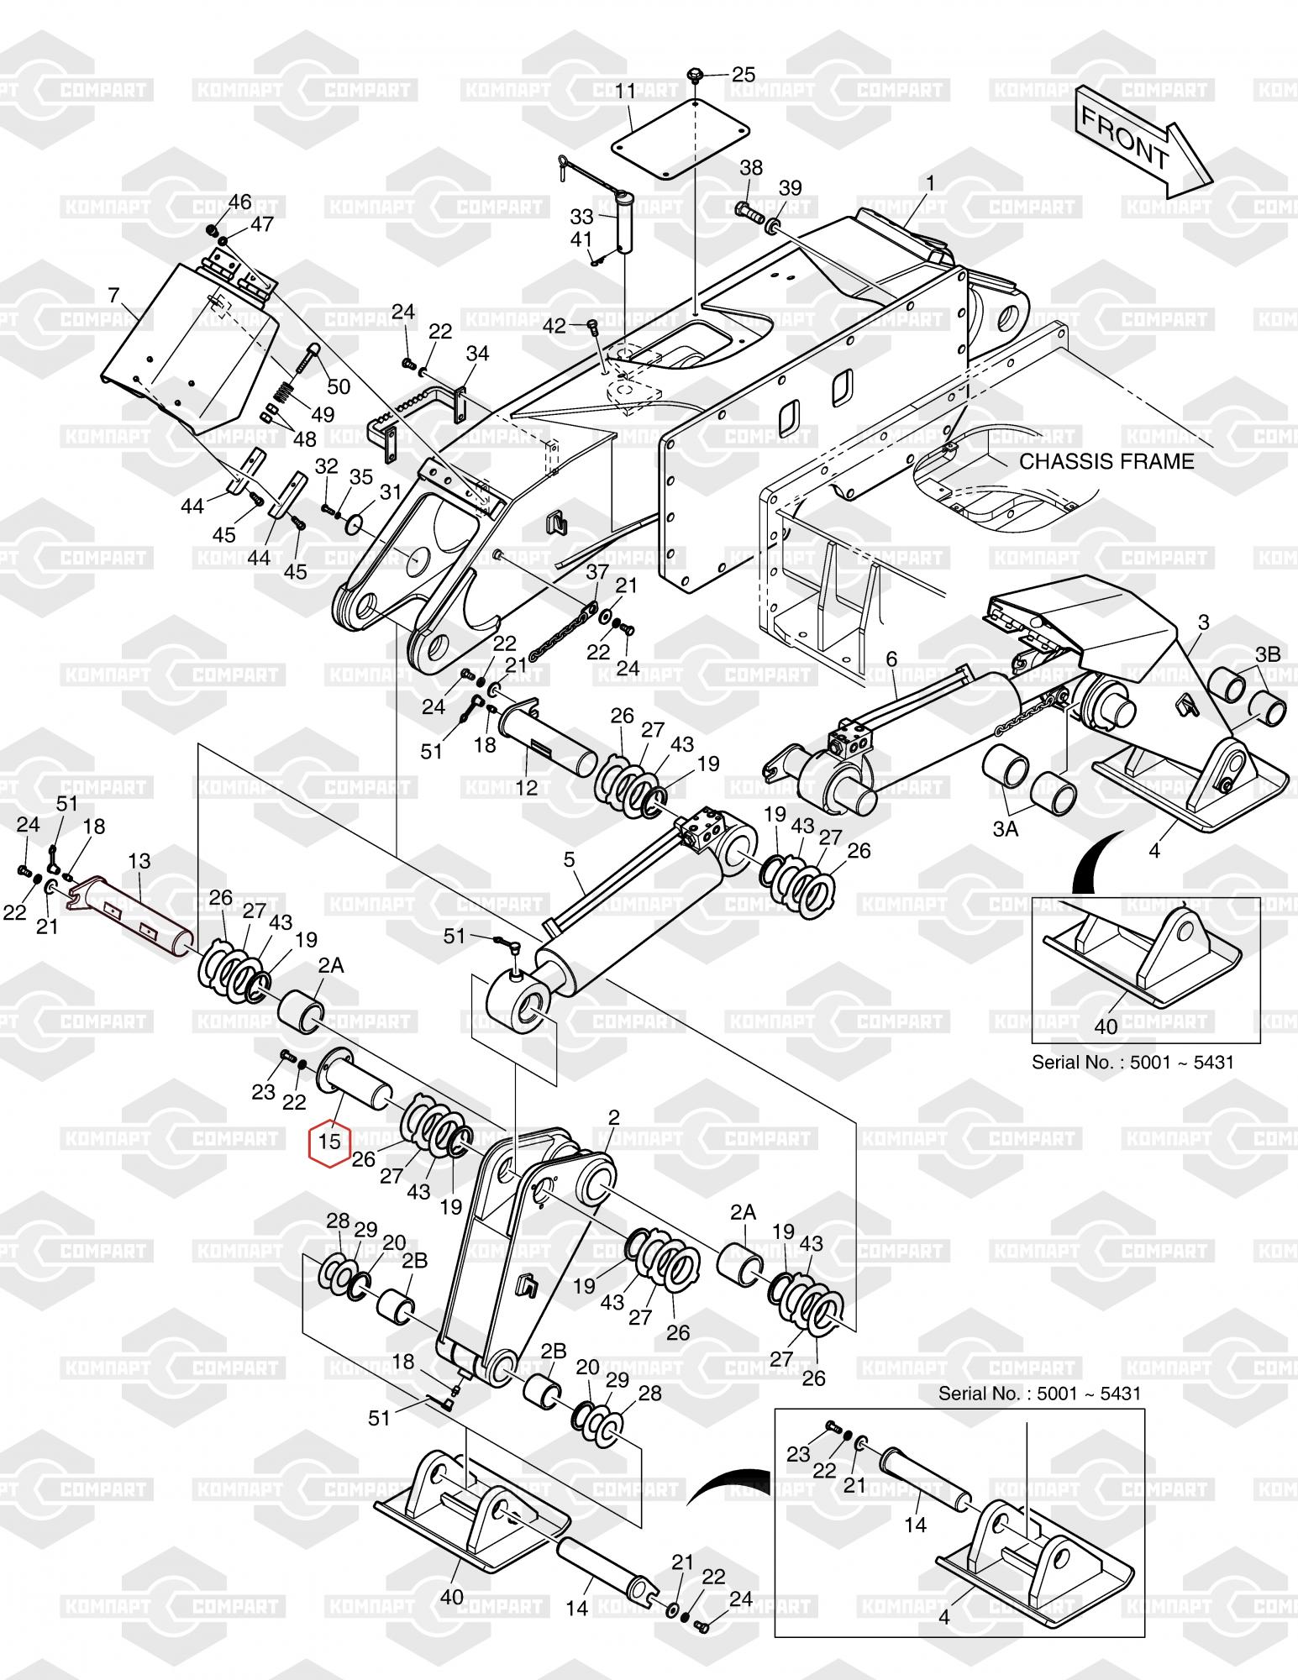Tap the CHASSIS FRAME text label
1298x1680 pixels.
coord(1106,461)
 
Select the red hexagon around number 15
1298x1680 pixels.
coord(330,1142)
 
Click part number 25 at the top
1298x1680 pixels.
coord(744,74)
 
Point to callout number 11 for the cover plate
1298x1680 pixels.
coord(625,91)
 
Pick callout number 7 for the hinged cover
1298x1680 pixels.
coord(114,295)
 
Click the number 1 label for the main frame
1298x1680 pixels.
coord(931,182)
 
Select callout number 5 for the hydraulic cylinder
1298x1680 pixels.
coord(569,859)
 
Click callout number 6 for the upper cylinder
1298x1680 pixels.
coord(891,658)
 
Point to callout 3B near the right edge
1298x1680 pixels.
coord(1269,654)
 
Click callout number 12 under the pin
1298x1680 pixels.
coord(526,788)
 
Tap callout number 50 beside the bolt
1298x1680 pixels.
coord(339,386)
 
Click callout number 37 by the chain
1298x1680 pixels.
coord(597,572)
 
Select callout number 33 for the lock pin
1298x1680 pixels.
coord(581,217)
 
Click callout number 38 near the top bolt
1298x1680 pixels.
coord(751,167)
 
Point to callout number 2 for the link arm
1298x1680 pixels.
coord(613,1118)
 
